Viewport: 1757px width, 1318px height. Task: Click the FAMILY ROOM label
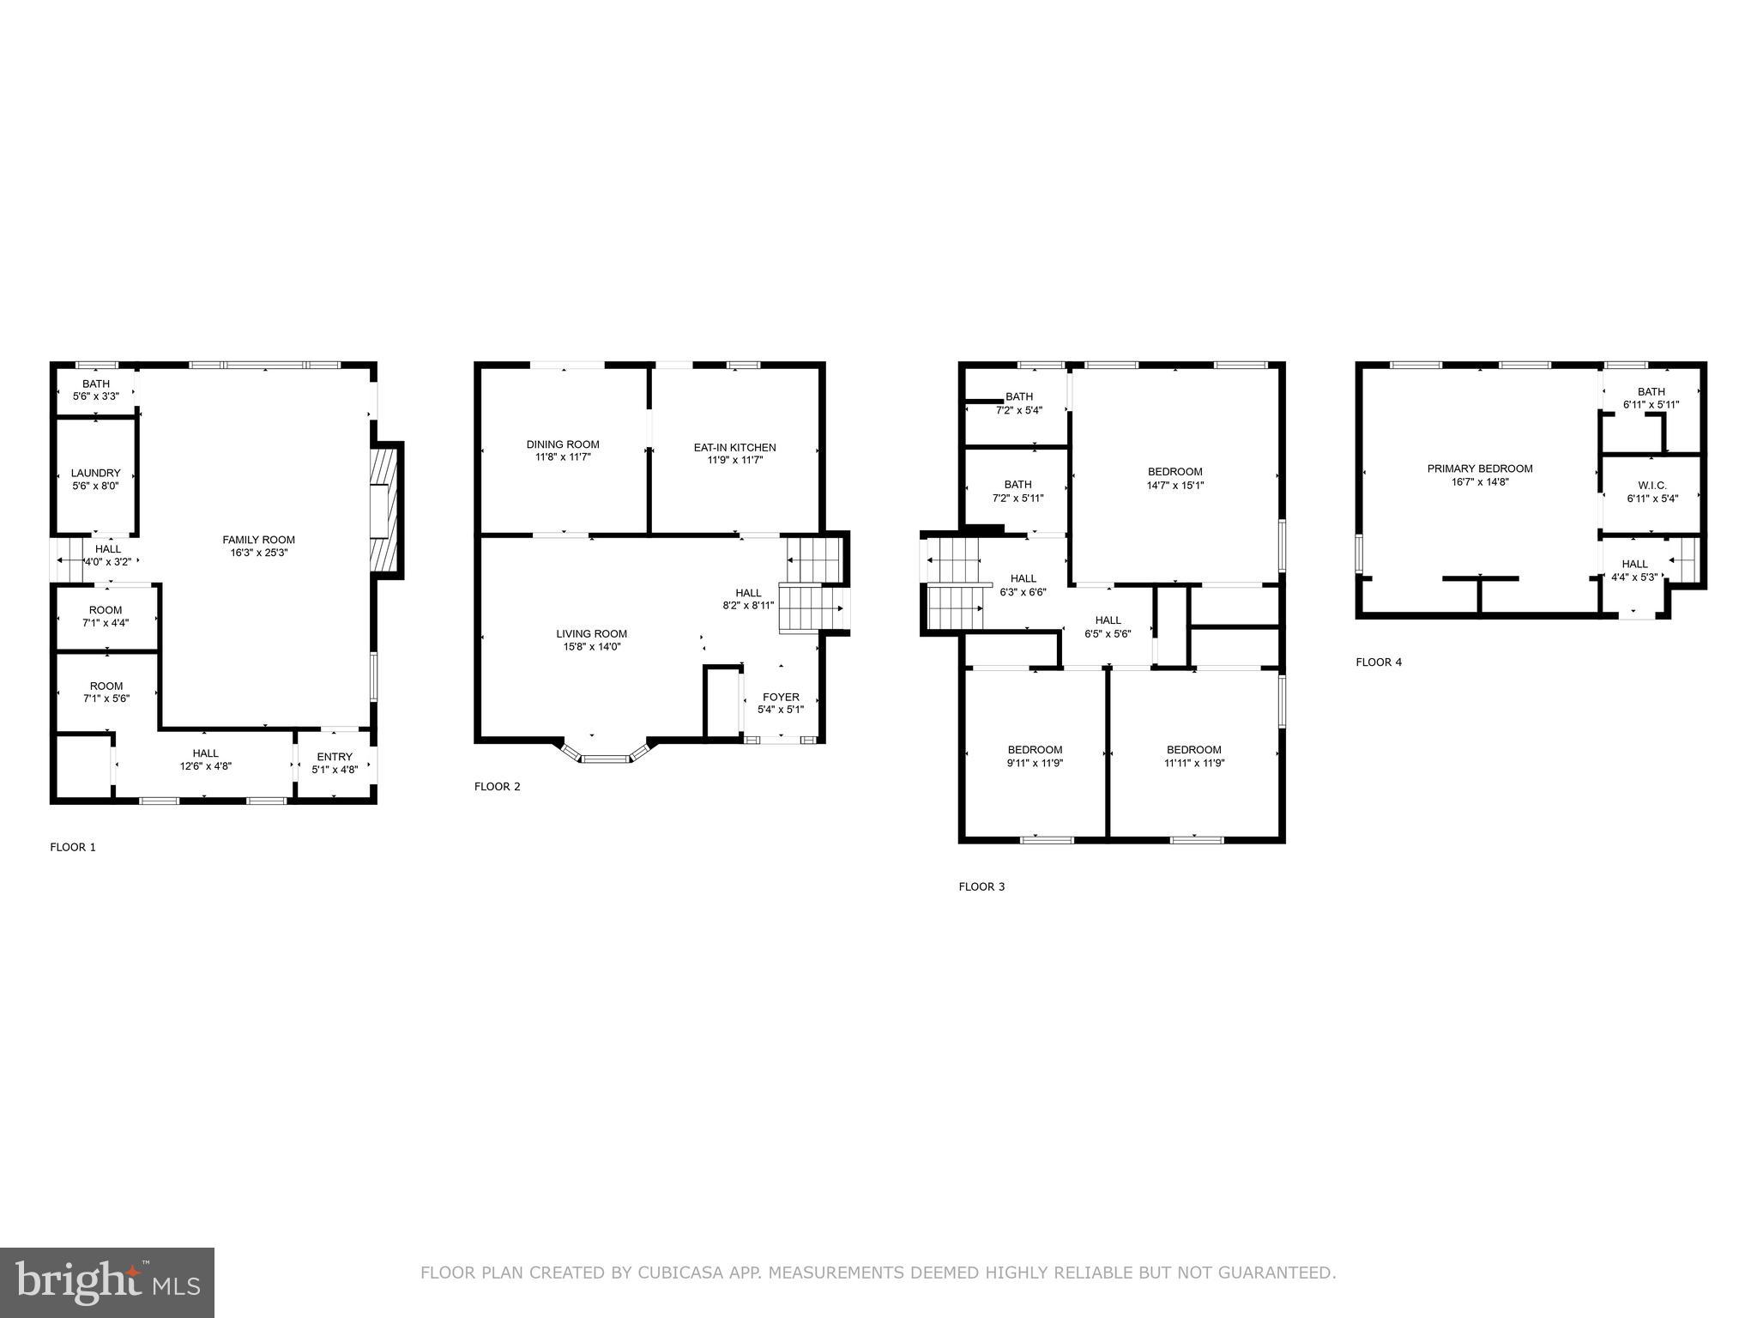[x=258, y=540]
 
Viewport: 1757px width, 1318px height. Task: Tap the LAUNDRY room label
[x=95, y=473]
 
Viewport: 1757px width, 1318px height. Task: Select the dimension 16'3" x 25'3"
[x=258, y=553]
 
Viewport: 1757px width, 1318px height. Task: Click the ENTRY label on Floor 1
[x=335, y=756]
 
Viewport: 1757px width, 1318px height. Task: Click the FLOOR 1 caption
[x=73, y=847]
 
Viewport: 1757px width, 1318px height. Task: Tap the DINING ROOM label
[x=563, y=444]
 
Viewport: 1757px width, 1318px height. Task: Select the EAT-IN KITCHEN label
[x=734, y=447]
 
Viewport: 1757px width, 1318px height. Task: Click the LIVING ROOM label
[x=591, y=634]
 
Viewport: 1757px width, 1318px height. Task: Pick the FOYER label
[x=780, y=697]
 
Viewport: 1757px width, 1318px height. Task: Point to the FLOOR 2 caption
[x=498, y=786]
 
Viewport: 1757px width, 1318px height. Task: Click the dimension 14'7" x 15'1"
[x=1174, y=485]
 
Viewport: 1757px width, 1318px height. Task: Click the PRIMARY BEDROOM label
[x=1479, y=469]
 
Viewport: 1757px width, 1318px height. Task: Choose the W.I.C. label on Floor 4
[x=1651, y=485]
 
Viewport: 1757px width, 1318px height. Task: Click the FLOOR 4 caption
[x=1379, y=662]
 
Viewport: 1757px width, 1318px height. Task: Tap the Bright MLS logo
[x=107, y=1282]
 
